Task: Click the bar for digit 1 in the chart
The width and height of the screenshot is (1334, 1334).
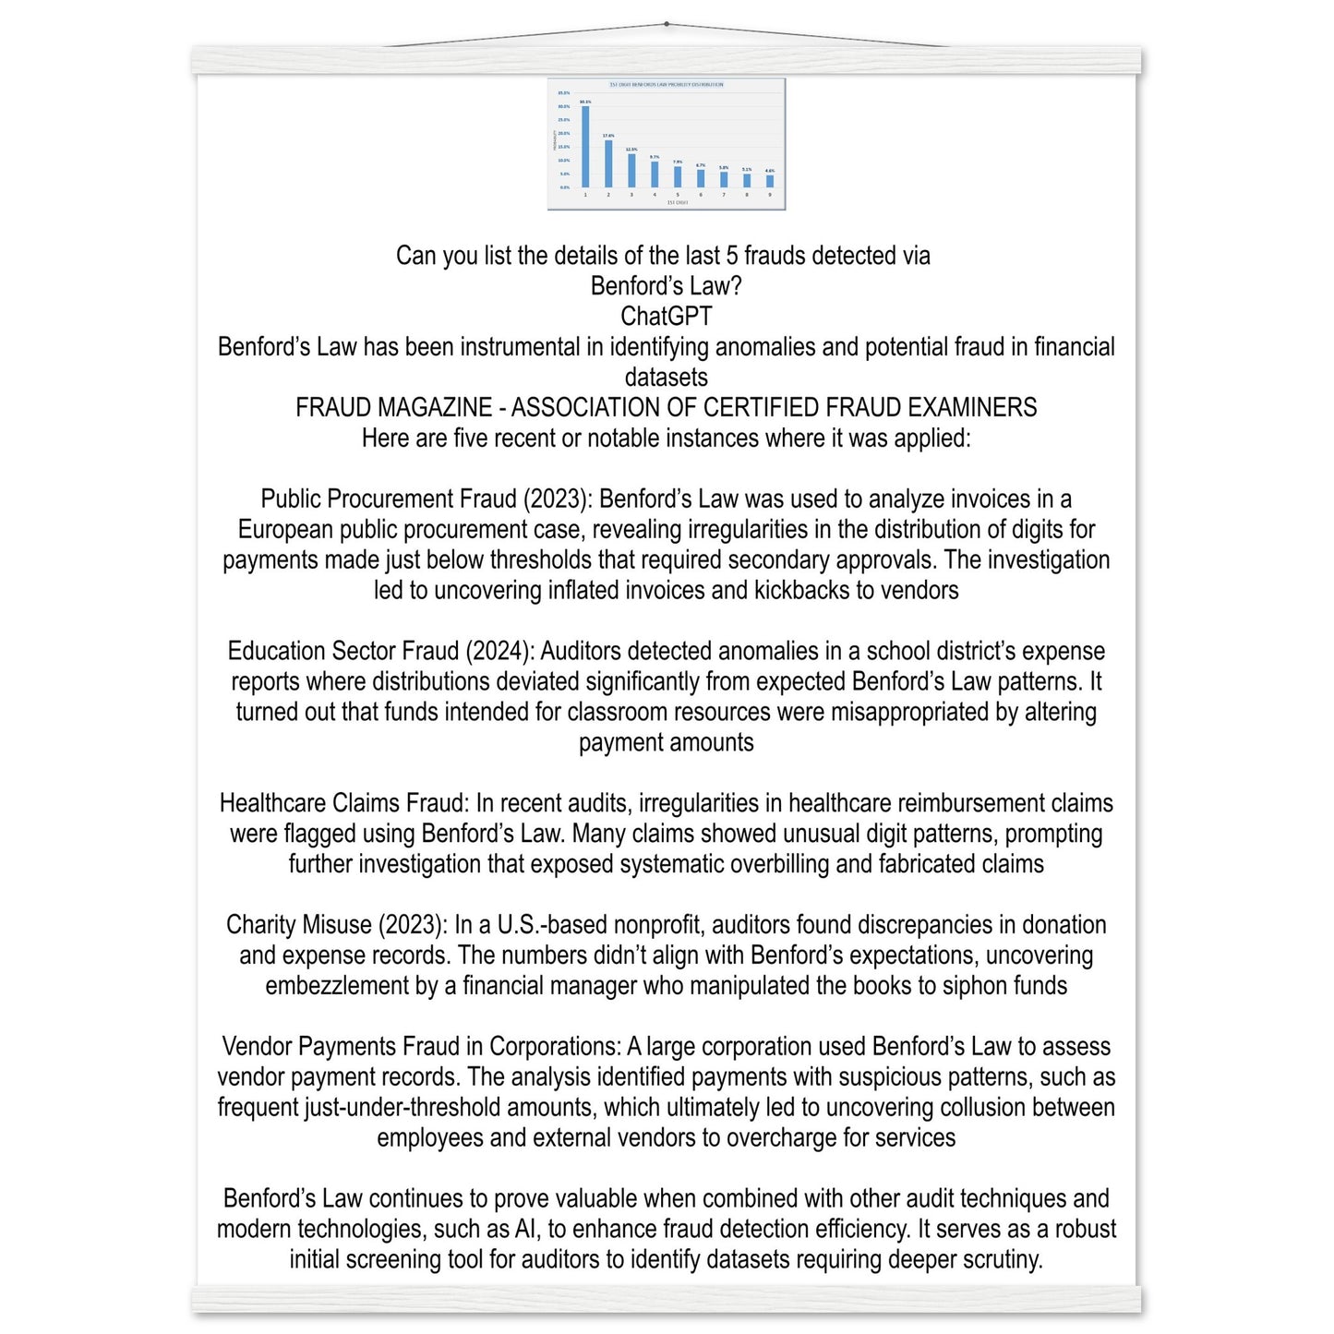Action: click(x=585, y=147)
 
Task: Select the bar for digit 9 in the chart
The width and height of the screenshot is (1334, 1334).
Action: click(x=770, y=181)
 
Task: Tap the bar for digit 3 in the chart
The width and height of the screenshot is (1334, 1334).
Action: click(x=631, y=170)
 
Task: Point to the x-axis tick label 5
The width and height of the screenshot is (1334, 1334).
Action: click(x=678, y=195)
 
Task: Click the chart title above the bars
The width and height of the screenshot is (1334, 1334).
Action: click(x=667, y=85)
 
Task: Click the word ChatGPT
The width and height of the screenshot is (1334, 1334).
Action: click(x=666, y=317)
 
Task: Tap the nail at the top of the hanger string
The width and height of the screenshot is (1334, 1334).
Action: click(x=667, y=24)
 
